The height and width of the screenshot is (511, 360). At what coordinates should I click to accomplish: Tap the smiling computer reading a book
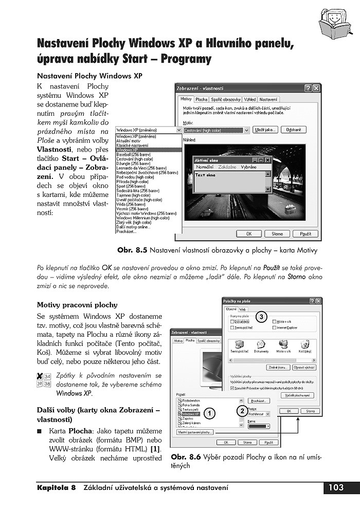[x=335, y=21]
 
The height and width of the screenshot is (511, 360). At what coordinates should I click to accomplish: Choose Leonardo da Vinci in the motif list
[x=142, y=168]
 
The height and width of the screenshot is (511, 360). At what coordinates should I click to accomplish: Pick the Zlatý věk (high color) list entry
[x=136, y=222]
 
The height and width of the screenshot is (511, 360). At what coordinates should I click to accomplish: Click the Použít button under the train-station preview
[x=305, y=233]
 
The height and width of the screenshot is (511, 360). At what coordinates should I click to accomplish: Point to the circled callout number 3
[x=261, y=317]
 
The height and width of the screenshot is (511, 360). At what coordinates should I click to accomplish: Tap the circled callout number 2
[x=241, y=410]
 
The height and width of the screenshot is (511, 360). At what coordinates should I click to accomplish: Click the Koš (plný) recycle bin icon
[x=304, y=346]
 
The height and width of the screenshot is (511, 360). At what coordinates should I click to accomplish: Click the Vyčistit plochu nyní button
[x=297, y=395]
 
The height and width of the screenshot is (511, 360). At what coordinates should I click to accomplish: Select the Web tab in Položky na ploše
[x=243, y=309]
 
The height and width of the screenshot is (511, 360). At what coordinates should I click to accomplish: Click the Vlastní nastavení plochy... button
[x=195, y=432]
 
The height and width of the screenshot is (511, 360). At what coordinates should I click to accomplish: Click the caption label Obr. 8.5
[x=132, y=250]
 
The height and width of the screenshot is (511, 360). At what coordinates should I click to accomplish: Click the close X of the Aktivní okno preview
[x=268, y=160]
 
